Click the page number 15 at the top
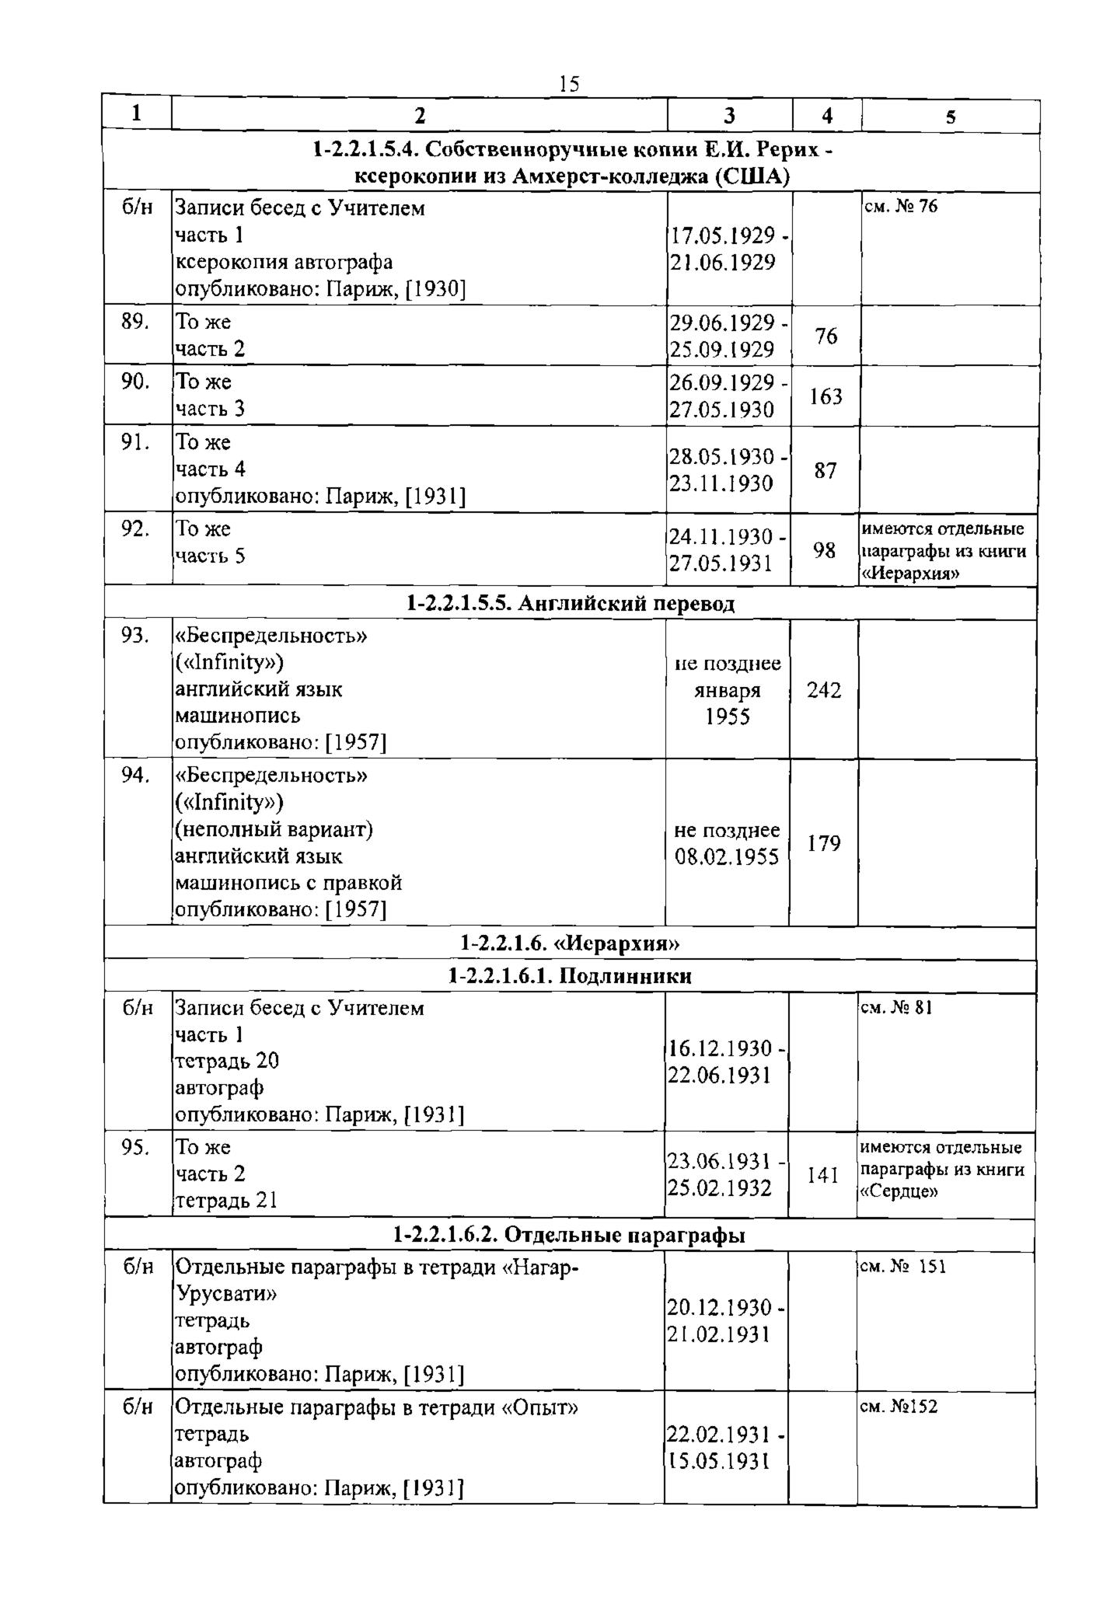(x=569, y=84)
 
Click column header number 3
(x=729, y=116)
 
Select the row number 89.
(x=135, y=321)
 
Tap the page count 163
(x=826, y=396)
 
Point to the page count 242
(x=824, y=690)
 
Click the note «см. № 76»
(x=902, y=207)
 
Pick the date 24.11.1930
(x=723, y=537)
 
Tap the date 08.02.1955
(x=727, y=857)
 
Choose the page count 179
(x=824, y=843)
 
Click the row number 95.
(x=135, y=1147)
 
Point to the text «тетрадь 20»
(x=227, y=1061)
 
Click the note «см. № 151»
(x=904, y=1267)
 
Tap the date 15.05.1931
(x=719, y=1461)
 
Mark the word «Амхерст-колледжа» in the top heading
(x=606, y=177)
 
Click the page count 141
(x=822, y=1175)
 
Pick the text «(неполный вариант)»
(x=274, y=830)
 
